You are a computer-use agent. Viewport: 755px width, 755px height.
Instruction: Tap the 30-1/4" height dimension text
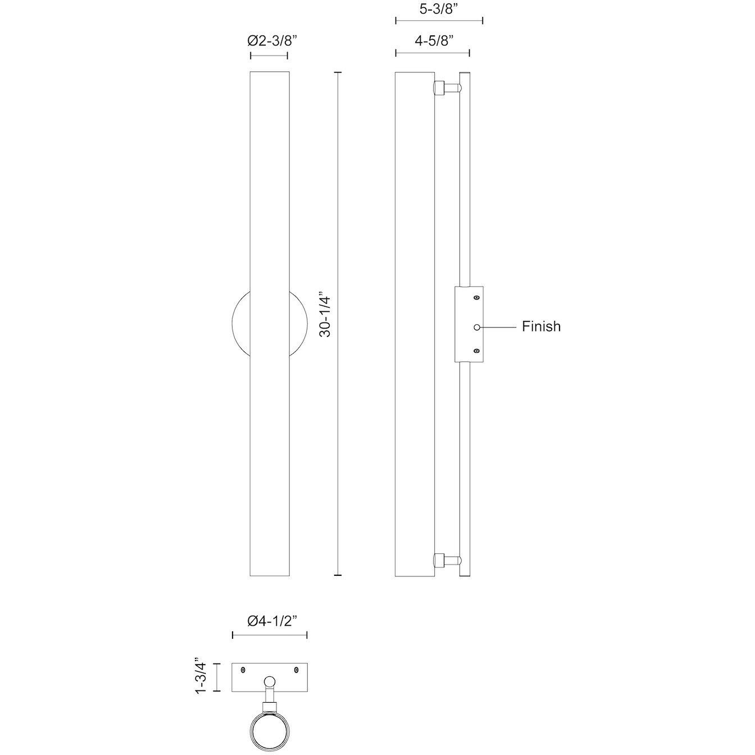click(325, 314)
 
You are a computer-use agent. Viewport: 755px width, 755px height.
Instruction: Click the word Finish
click(541, 326)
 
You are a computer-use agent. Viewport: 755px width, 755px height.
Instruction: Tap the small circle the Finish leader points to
click(477, 326)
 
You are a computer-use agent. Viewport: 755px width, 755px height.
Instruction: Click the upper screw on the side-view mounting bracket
click(477, 298)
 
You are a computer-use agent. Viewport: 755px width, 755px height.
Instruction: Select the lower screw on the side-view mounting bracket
click(477, 351)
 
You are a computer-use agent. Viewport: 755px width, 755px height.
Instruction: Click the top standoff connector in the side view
click(447, 88)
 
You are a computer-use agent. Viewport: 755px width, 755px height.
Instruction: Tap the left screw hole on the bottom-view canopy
click(243, 670)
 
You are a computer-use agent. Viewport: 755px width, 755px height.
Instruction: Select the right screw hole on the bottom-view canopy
click(297, 670)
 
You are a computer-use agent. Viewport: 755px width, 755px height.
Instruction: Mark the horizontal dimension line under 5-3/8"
click(439, 21)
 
